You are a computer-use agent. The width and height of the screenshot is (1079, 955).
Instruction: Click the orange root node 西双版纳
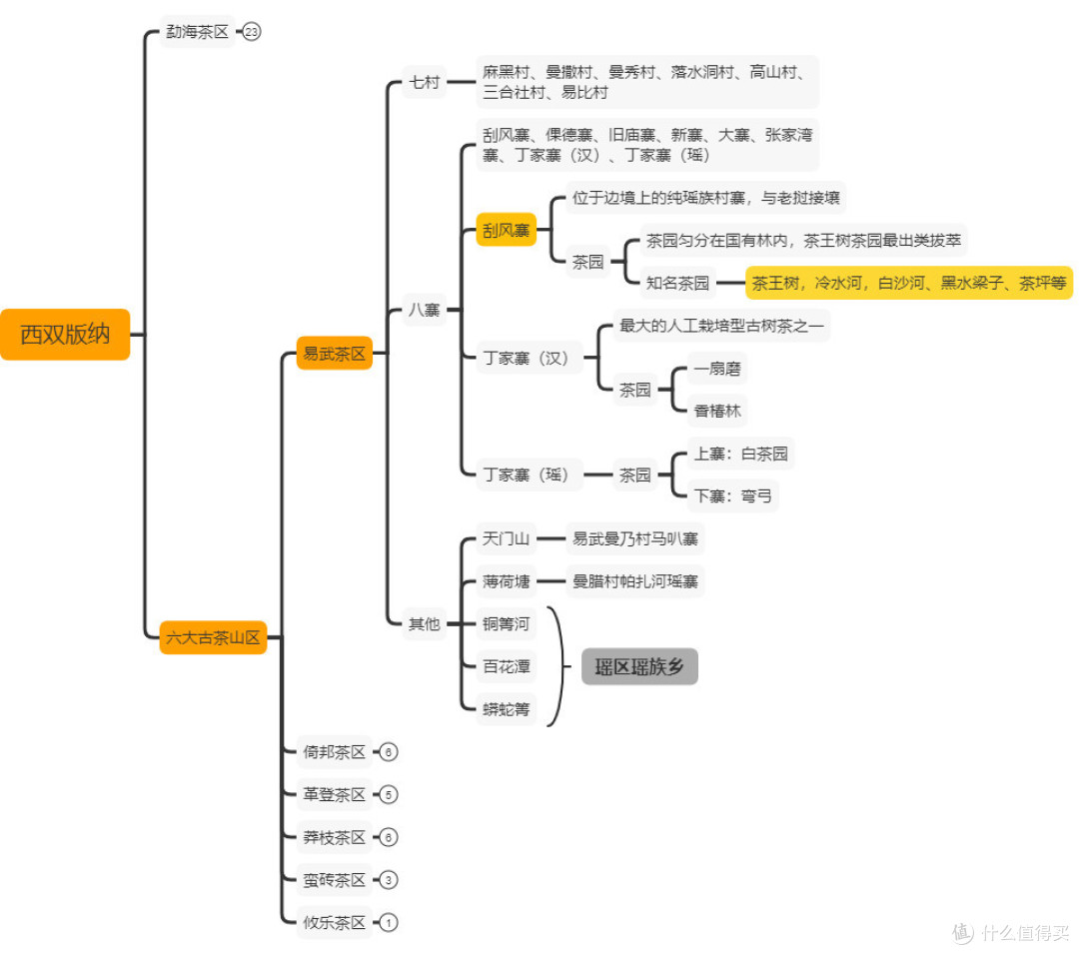click(65, 335)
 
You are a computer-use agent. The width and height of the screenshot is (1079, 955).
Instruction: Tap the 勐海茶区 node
click(197, 32)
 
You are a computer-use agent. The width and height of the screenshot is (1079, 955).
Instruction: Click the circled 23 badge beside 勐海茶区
click(252, 32)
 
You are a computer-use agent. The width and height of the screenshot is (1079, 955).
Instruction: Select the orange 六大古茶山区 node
click(213, 637)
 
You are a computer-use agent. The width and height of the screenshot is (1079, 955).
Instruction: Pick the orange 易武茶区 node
click(335, 353)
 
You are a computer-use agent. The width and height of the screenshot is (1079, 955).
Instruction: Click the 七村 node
click(424, 83)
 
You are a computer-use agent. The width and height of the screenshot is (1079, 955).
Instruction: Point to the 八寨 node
click(424, 310)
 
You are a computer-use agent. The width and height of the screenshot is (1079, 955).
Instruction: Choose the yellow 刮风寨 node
click(506, 230)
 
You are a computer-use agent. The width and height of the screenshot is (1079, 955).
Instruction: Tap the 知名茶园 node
click(677, 283)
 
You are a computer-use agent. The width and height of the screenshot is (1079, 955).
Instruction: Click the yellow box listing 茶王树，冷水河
click(909, 283)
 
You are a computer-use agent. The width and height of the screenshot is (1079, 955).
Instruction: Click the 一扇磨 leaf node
click(717, 369)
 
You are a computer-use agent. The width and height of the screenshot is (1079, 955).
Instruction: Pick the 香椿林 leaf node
click(717, 412)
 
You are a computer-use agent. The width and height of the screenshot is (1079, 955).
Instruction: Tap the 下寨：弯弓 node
click(733, 496)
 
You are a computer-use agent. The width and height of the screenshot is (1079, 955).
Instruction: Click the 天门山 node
click(506, 538)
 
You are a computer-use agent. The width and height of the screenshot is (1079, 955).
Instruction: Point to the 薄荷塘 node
click(506, 581)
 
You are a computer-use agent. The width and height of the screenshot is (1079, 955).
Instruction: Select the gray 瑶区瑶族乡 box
click(639, 666)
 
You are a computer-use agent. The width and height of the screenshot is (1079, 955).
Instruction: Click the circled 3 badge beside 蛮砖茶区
click(388, 880)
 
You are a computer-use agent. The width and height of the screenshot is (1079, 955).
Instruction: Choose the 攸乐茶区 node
click(335, 923)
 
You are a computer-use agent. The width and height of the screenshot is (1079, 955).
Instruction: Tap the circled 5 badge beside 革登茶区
click(388, 795)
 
